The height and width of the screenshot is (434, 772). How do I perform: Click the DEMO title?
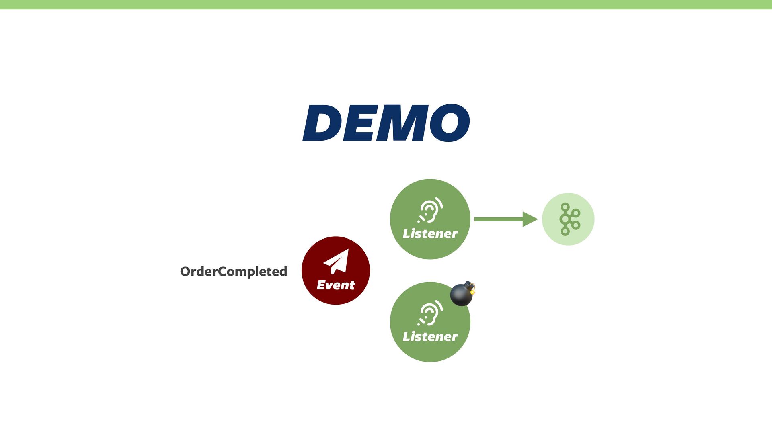386,123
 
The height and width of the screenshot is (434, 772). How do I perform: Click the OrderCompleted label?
233,272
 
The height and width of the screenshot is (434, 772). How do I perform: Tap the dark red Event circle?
336,270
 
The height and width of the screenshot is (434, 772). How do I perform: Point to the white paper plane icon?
336,261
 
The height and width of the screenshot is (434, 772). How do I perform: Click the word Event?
336,285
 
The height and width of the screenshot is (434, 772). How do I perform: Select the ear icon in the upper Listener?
430,210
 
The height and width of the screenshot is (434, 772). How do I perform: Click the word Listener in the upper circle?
430,234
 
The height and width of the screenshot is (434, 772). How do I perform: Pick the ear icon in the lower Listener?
430,313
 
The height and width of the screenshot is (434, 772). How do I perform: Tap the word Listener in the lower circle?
430,337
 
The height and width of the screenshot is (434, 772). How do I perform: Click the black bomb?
461,295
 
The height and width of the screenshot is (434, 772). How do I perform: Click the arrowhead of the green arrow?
530,219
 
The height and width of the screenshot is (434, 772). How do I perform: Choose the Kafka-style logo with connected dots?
569,219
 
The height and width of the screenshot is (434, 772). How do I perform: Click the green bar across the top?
386,4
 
